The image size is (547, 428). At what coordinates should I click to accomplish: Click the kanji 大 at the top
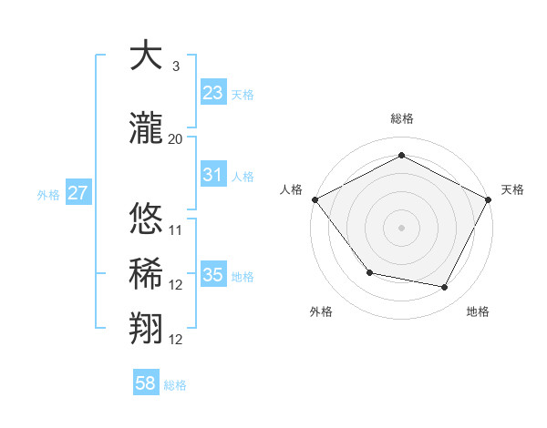(145, 56)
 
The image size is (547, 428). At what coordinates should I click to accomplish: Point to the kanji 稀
(145, 272)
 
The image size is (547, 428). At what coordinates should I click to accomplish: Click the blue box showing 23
(212, 93)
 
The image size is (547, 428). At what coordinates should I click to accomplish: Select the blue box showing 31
(212, 175)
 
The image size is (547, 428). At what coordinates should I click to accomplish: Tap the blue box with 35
(212, 275)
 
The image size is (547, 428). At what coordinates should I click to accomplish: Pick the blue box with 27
(77, 193)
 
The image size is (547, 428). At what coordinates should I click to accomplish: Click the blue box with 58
(146, 383)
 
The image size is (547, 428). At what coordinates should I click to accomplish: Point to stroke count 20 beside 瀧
(175, 138)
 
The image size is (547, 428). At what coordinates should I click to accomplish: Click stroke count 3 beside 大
(175, 66)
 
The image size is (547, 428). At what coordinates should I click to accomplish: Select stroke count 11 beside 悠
(175, 229)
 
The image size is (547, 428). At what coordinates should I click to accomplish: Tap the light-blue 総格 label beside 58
(175, 385)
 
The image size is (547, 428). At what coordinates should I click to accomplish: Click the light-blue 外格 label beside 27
(48, 194)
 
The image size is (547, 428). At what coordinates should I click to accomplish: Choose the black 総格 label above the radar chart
(401, 118)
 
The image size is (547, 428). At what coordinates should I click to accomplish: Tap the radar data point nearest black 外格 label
(369, 272)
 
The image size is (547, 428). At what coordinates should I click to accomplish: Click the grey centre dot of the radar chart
(401, 227)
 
